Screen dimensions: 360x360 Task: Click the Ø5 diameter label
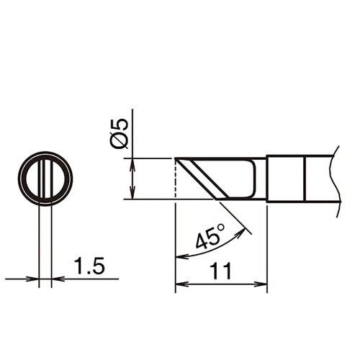[x=119, y=134]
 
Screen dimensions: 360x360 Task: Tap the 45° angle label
[x=210, y=236]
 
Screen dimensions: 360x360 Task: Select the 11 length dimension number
[x=221, y=271]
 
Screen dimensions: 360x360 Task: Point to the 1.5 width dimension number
[x=89, y=266]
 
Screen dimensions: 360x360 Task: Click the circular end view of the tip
[x=45, y=153]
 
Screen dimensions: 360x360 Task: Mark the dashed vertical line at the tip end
[x=176, y=179]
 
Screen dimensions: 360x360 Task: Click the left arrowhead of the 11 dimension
[x=182, y=284]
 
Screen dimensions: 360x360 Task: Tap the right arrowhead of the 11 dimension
[x=261, y=284]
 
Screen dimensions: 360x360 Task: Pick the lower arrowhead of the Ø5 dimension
[x=132, y=193]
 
